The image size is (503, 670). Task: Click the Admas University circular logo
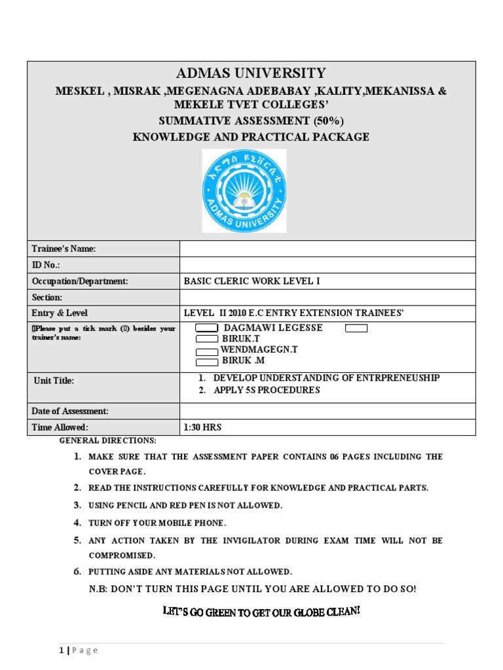tap(244, 190)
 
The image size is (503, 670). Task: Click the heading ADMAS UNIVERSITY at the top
tap(251, 73)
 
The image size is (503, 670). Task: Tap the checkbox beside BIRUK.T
tap(207, 339)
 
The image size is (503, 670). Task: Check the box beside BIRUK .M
tap(207, 361)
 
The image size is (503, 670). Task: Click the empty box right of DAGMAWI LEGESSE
tap(356, 328)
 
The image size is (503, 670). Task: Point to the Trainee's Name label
tap(64, 249)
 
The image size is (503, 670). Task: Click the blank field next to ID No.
tap(327, 264)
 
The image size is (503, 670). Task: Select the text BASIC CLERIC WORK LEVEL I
tap(253, 281)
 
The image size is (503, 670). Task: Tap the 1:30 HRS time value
tap(204, 427)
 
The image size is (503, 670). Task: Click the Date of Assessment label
tap(70, 411)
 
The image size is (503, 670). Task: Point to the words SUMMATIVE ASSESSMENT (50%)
tap(251, 121)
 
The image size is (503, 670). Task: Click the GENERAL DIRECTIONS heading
tap(108, 440)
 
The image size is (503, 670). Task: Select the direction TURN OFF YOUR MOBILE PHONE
tap(157, 523)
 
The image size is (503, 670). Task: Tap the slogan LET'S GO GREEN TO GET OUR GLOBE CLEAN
tap(261, 612)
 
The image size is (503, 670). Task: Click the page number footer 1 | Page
tap(78, 650)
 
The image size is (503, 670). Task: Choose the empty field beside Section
tap(327, 297)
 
